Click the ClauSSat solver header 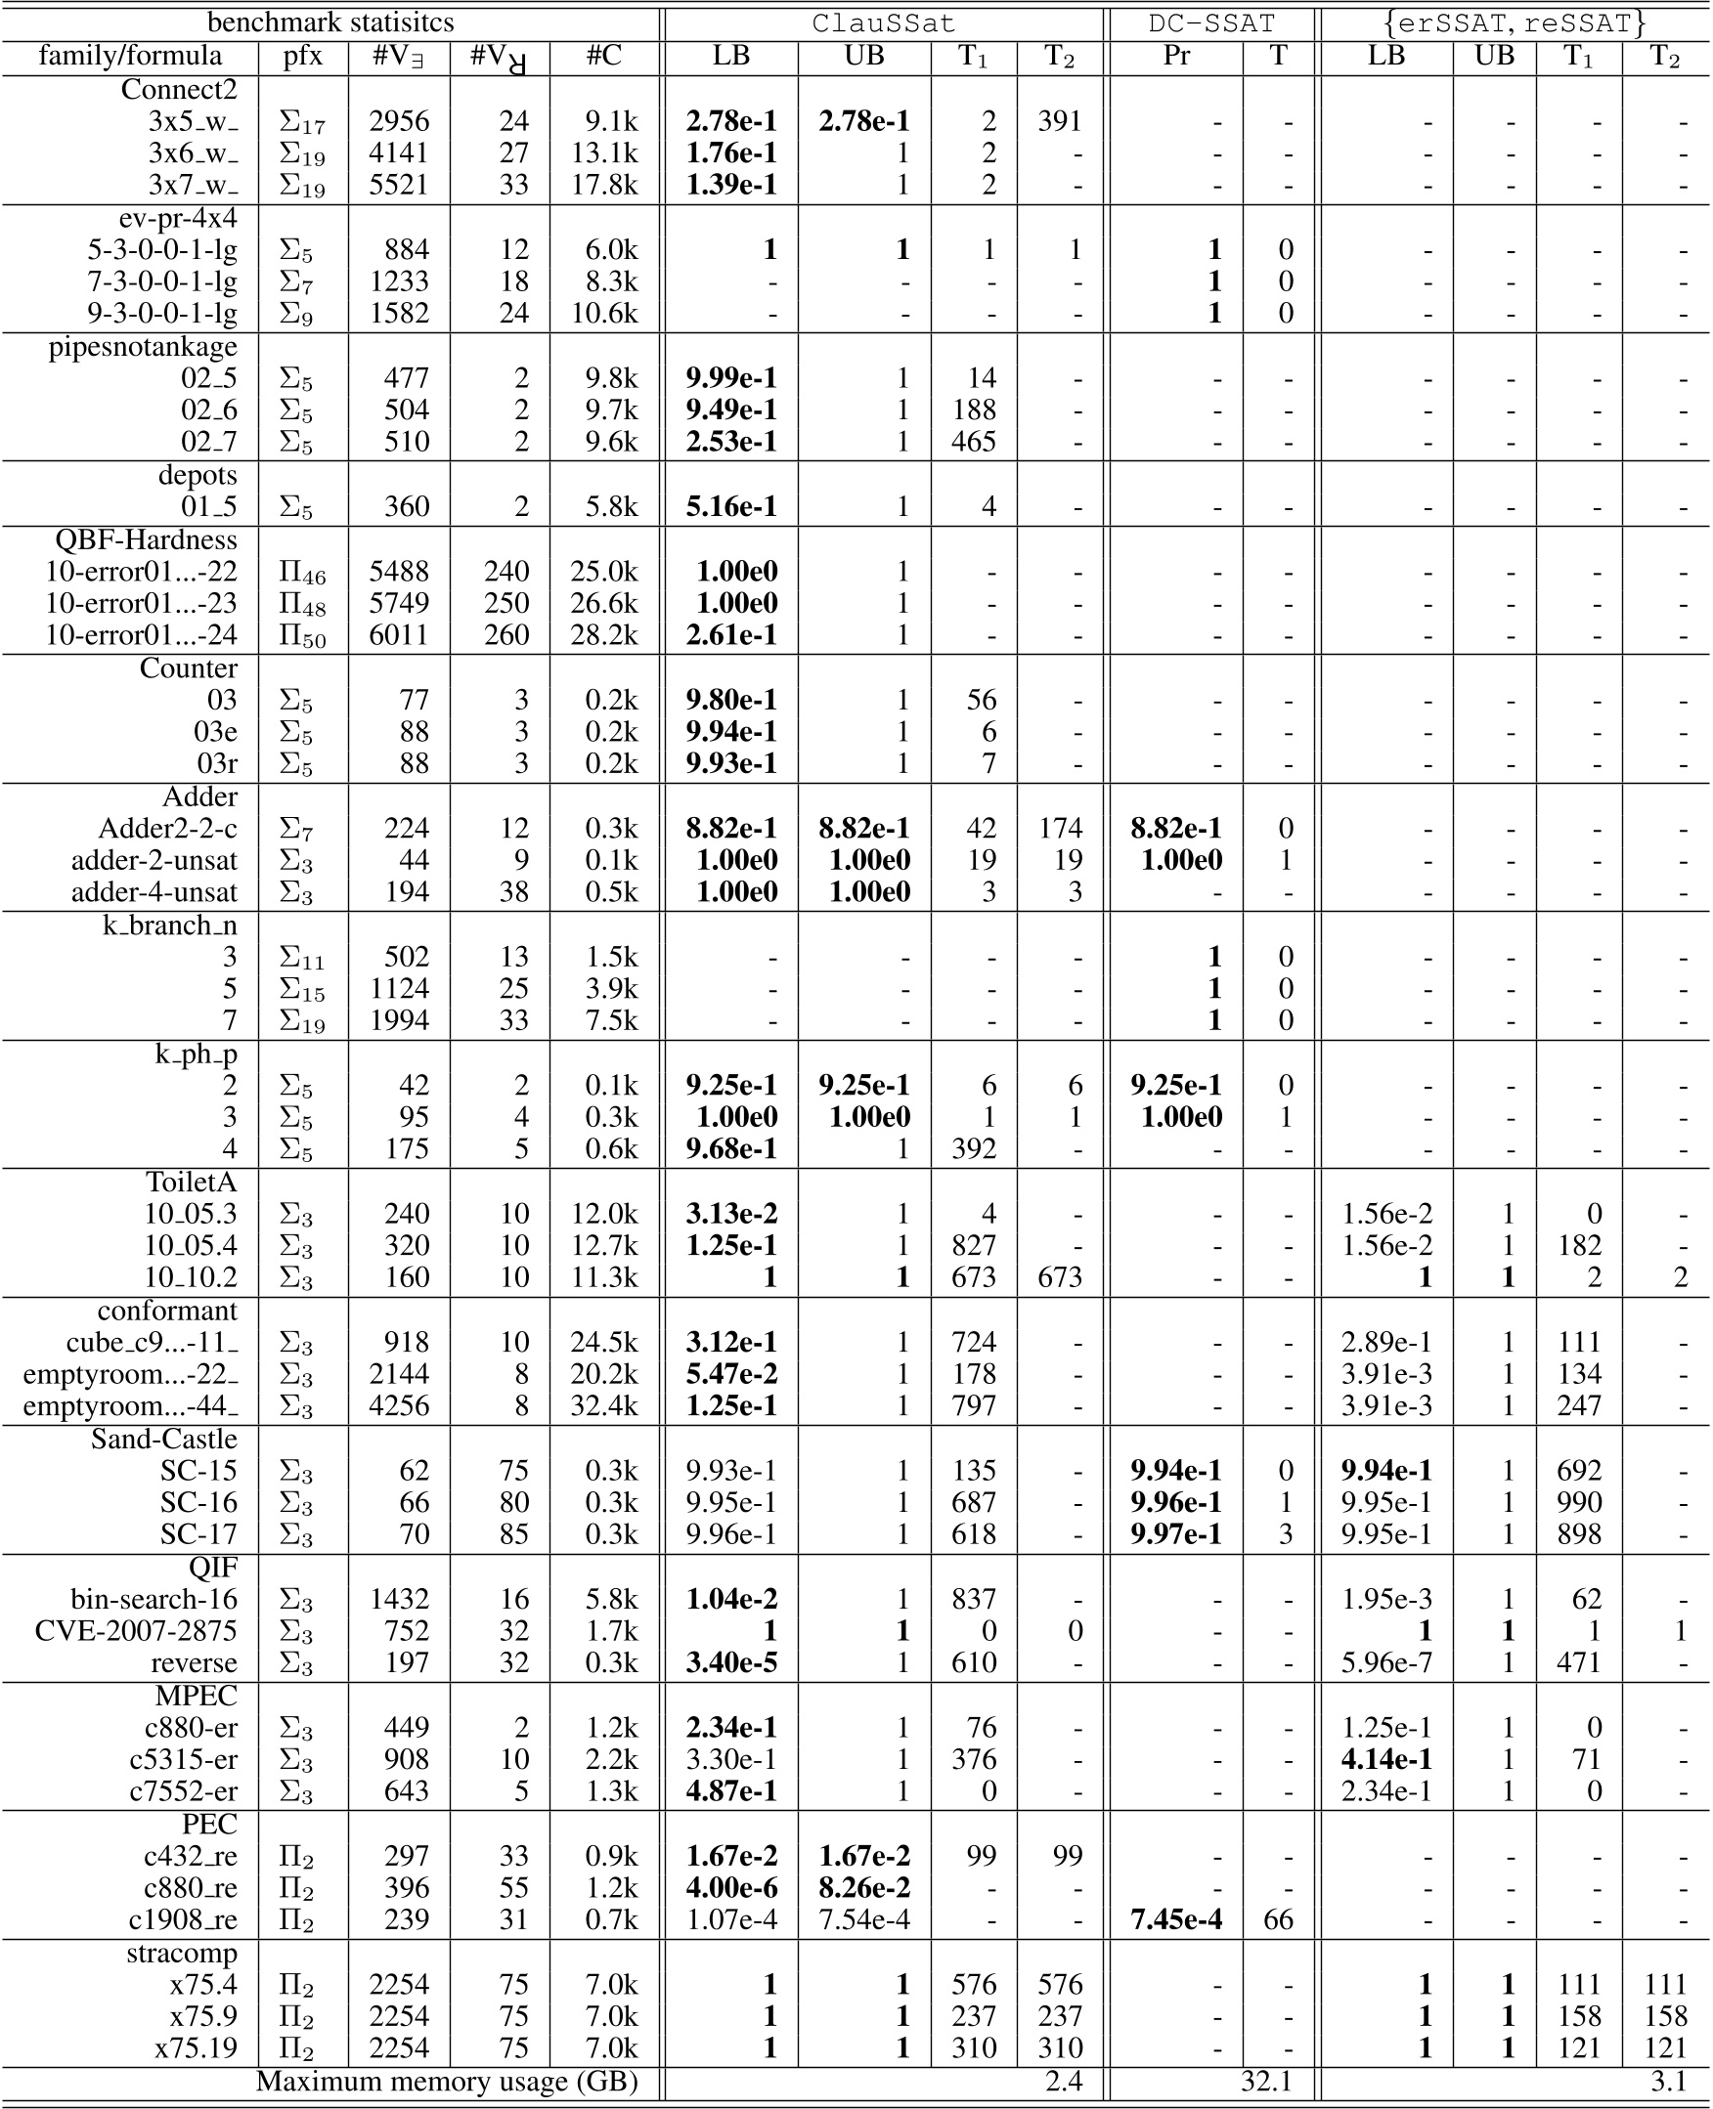coord(883,22)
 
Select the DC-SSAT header coord(1211,22)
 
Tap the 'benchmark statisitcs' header coord(330,22)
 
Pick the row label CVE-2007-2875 coord(136,1630)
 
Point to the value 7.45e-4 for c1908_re coord(1176,1919)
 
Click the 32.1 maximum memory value coord(1266,2082)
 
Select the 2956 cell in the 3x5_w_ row coord(399,121)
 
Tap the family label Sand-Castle coord(164,1439)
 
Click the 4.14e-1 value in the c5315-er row coord(1385,1759)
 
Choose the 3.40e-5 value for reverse coord(731,1662)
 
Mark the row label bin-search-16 coord(154,1599)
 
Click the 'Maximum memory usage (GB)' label coord(447,2082)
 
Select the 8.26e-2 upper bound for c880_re coord(864,1887)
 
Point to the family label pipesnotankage coord(143,346)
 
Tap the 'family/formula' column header coord(130,56)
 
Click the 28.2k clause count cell coord(604,634)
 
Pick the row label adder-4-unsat coord(154,891)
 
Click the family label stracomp coord(182,1953)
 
